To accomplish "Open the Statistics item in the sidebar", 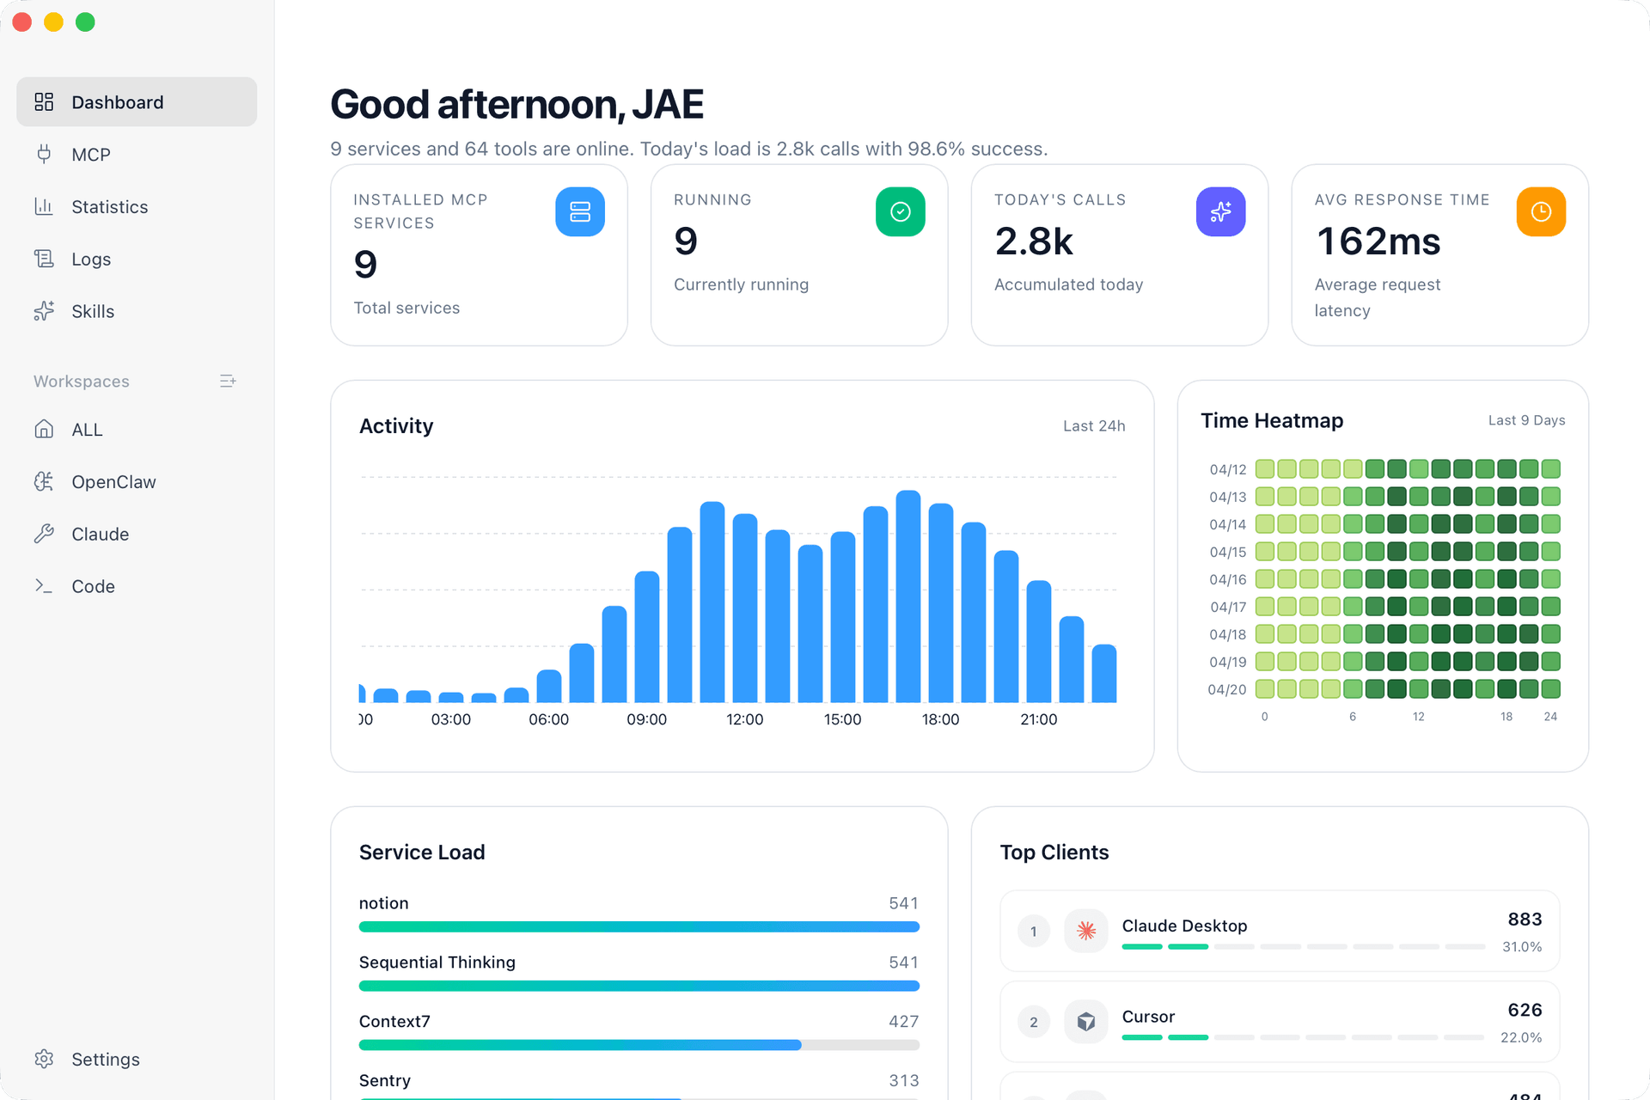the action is coord(109,207).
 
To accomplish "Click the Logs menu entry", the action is coord(91,260).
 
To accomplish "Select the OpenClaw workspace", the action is coord(113,482).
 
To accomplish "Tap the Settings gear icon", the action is coord(44,1059).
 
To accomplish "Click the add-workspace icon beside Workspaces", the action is coord(228,381).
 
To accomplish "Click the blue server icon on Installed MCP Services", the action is coord(580,211).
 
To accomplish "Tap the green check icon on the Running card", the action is coord(901,211).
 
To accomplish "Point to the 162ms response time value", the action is coord(1378,241).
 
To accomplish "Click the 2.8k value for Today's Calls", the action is coord(1034,241).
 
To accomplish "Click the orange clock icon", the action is coord(1541,211).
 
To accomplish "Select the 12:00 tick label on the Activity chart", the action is coord(744,719).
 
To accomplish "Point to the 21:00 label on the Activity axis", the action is coord(1038,719).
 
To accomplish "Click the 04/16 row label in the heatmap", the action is coord(1227,579).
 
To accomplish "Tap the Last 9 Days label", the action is coord(1526,420).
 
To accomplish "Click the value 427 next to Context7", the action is coord(904,1022).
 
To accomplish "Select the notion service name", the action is coord(384,903).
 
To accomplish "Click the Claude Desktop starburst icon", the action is coord(1086,931).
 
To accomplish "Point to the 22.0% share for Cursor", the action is coord(1521,1037).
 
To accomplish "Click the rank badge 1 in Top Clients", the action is coord(1034,931).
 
